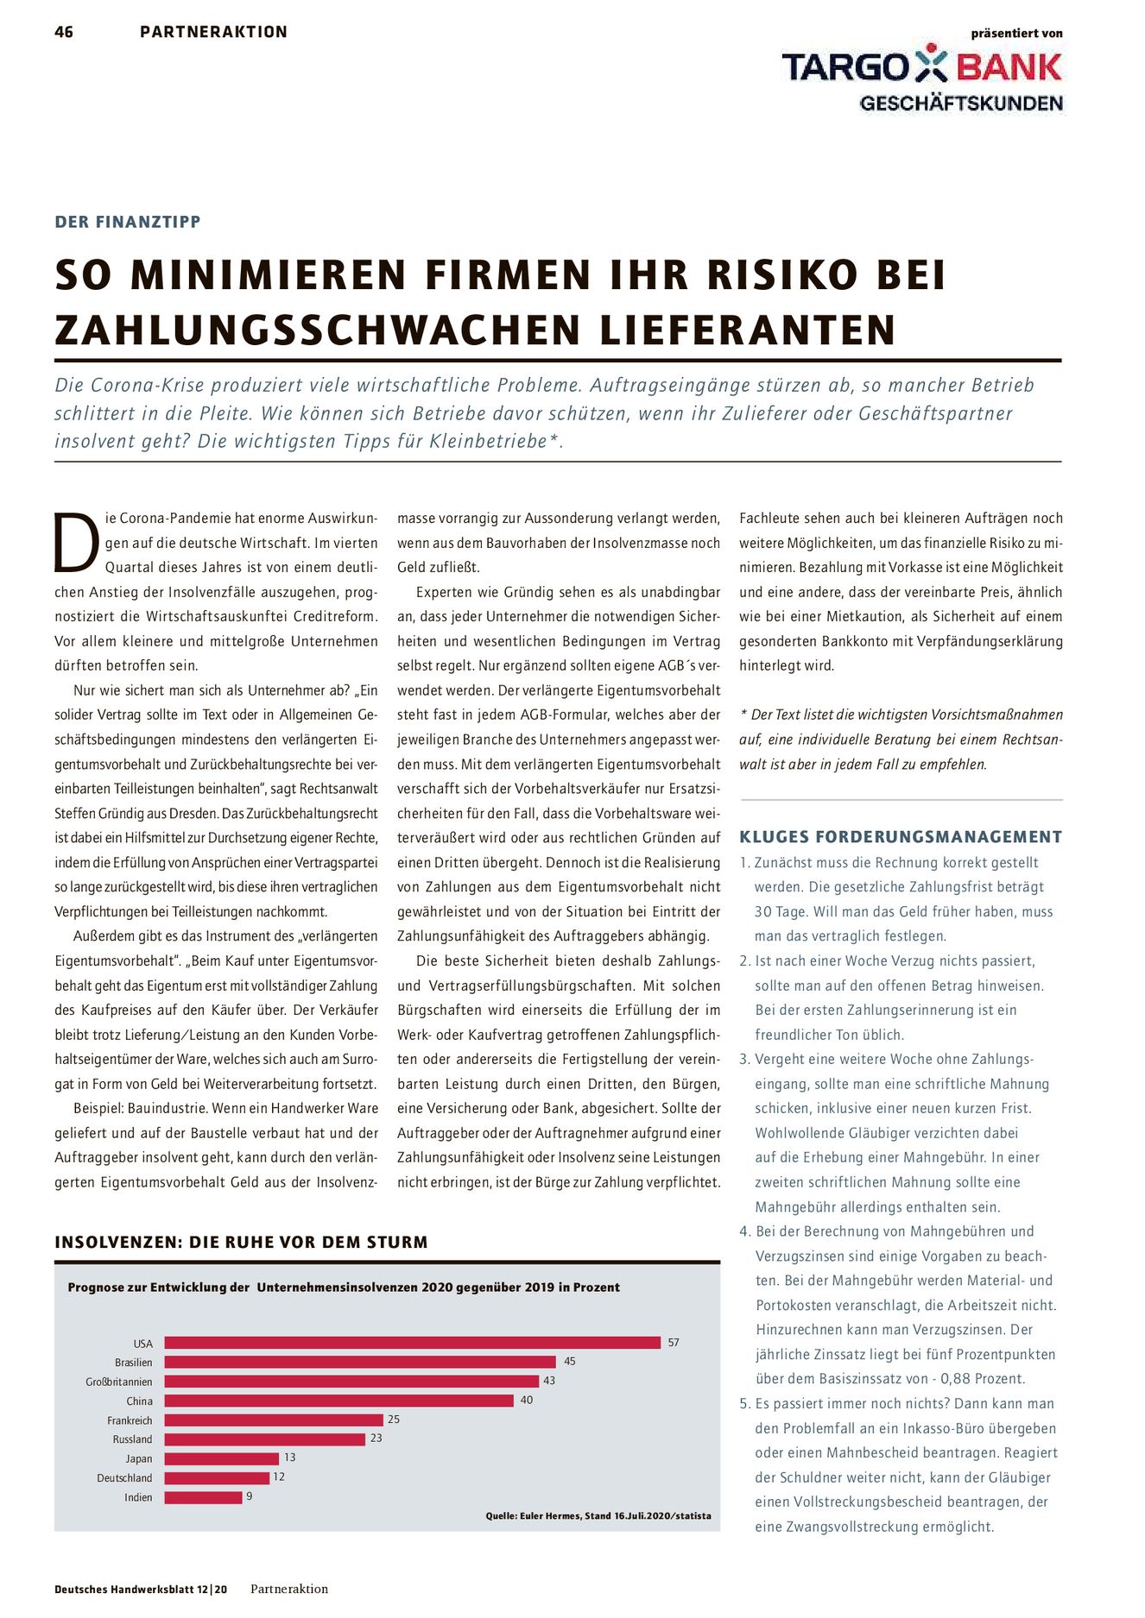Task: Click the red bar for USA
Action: [412, 1342]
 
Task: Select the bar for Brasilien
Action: [360, 1362]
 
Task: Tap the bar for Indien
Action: [203, 1497]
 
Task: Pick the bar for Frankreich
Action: [274, 1420]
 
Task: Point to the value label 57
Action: [674, 1342]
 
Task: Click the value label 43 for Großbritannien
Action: [549, 1381]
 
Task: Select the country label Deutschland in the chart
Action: [124, 1478]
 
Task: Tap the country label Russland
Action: [132, 1439]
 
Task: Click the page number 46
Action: [64, 32]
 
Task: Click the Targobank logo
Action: [921, 66]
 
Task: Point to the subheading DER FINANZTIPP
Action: [128, 222]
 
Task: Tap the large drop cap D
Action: [75, 543]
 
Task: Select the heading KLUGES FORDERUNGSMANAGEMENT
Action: [901, 837]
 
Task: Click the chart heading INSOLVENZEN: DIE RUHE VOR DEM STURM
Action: [241, 1243]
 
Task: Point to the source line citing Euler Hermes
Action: [598, 1515]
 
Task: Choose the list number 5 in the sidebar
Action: [743, 1404]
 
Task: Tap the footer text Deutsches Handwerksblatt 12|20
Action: [141, 1590]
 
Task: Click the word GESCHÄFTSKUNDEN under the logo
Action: [961, 104]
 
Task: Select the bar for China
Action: [338, 1401]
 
